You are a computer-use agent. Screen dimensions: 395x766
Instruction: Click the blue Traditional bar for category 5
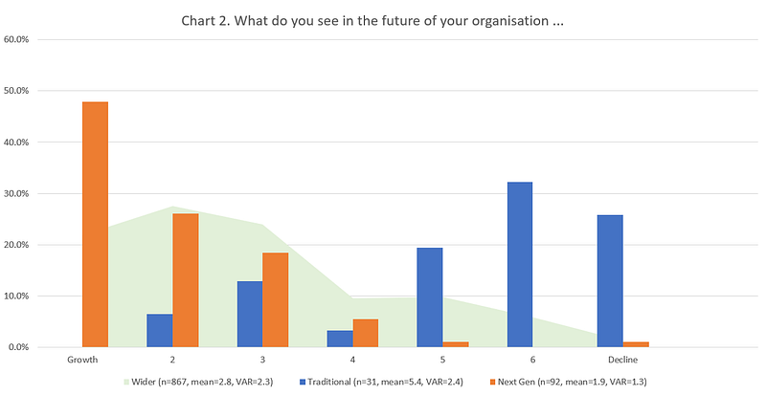[429, 296]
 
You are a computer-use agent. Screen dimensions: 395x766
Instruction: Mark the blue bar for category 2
[159, 330]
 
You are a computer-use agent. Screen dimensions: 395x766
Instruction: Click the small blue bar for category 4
[340, 338]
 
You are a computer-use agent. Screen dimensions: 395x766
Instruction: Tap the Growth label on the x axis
[82, 361]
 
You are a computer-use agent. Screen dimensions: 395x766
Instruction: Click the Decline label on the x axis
[622, 361]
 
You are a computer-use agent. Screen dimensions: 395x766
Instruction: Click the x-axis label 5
[442, 361]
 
